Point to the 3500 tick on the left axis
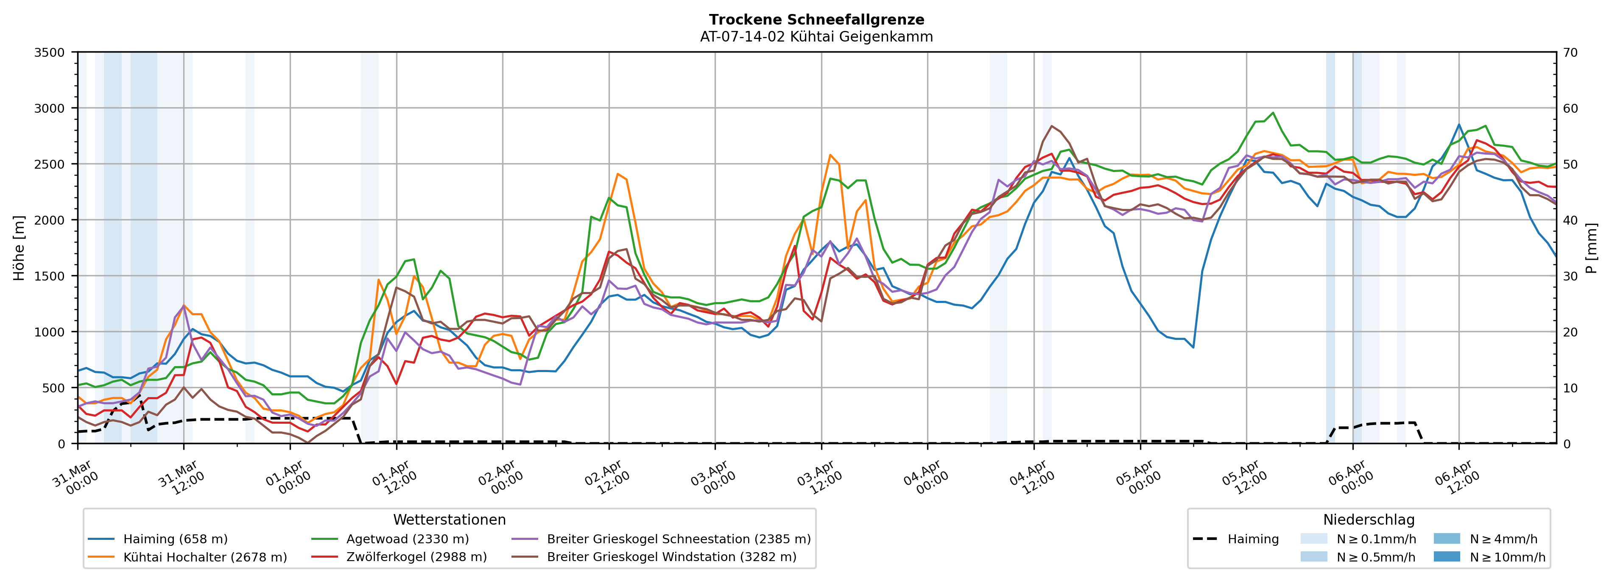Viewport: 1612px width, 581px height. coord(50,53)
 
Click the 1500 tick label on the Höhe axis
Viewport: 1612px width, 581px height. coord(50,276)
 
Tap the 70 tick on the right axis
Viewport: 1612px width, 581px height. coord(1570,53)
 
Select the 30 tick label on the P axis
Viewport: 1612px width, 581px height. coord(1570,276)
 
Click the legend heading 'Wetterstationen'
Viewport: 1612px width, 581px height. coord(449,520)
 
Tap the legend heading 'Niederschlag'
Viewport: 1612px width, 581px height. coord(1369,520)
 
